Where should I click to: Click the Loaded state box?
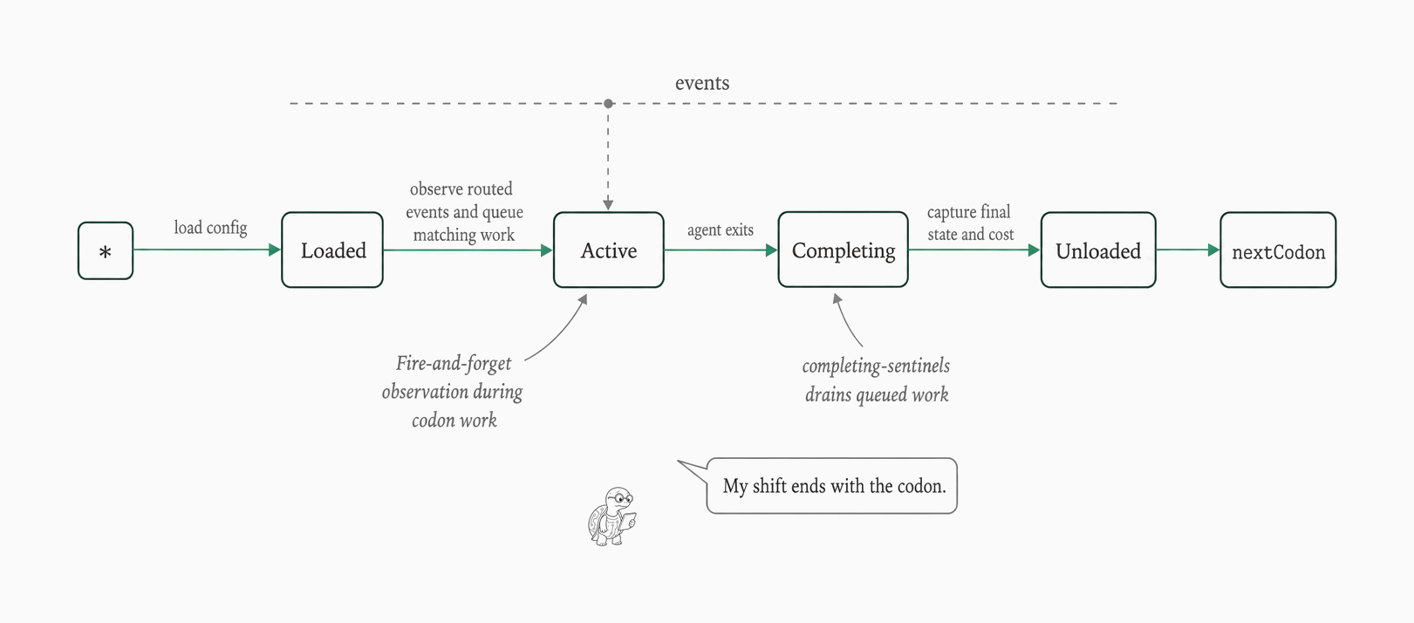click(x=332, y=250)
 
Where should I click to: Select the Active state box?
click(x=609, y=250)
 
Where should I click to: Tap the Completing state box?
click(x=844, y=250)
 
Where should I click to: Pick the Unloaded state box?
click(x=1098, y=250)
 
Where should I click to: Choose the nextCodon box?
click(x=1278, y=250)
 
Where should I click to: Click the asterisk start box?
click(x=106, y=250)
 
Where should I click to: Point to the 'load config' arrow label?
click(x=211, y=227)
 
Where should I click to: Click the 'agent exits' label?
click(x=721, y=229)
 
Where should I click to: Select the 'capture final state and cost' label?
click(x=970, y=222)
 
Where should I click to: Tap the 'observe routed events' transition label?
click(x=464, y=212)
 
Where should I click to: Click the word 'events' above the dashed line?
click(x=702, y=83)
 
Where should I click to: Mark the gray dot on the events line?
click(x=608, y=104)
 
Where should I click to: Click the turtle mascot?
click(x=612, y=516)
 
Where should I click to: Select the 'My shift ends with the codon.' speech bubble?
click(x=831, y=485)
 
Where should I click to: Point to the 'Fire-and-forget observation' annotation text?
click(x=453, y=392)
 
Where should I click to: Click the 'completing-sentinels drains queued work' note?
click(x=876, y=380)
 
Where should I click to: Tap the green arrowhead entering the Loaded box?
click(x=275, y=250)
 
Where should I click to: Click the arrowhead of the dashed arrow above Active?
click(x=608, y=204)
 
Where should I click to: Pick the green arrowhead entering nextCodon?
click(x=1213, y=250)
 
